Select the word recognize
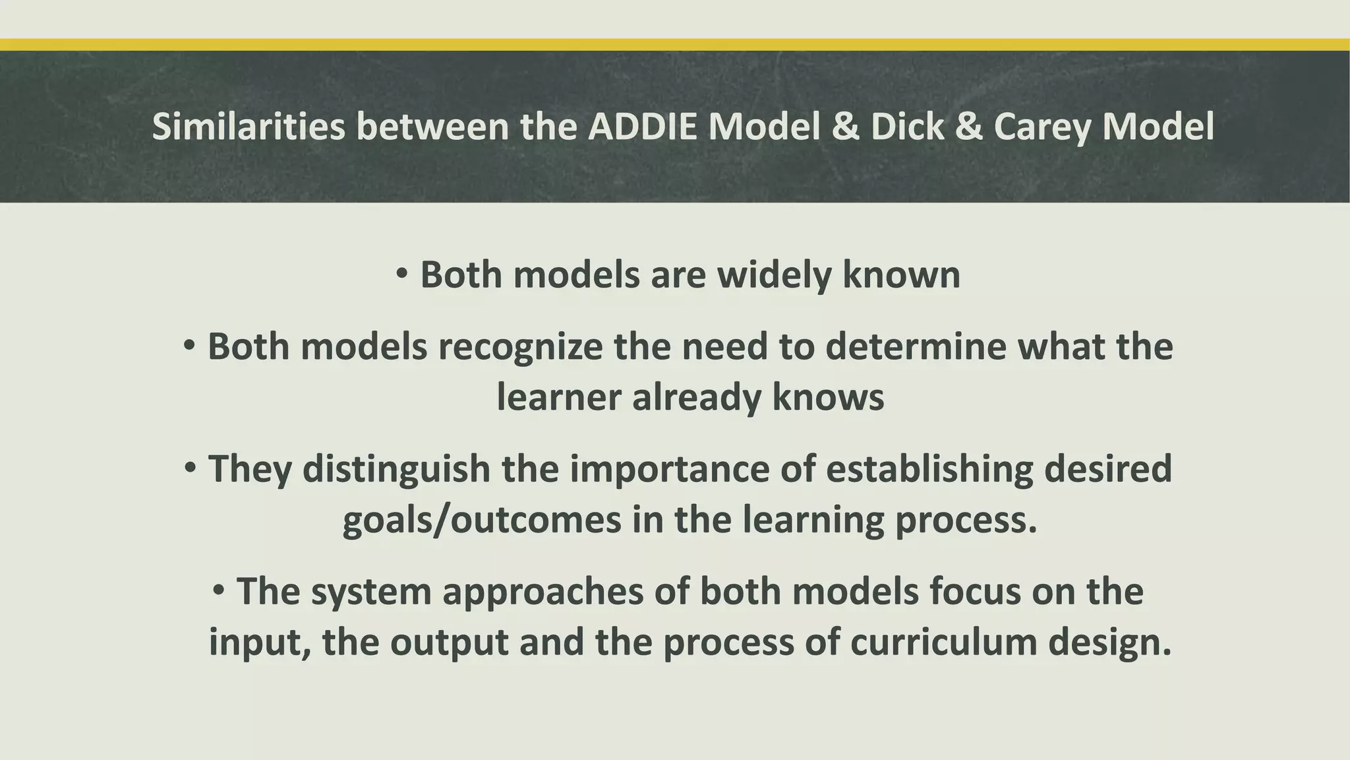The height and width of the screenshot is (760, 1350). (x=520, y=347)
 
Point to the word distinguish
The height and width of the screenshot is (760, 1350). (x=396, y=470)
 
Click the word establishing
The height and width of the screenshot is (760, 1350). (x=929, y=470)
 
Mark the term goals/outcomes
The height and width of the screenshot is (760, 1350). (x=482, y=520)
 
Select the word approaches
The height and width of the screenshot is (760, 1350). (x=543, y=592)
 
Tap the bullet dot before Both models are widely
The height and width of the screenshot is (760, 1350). (x=403, y=273)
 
